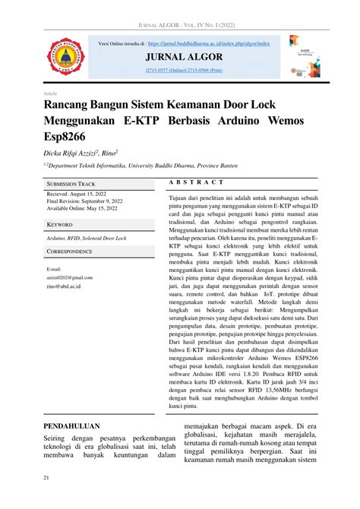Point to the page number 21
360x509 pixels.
pos(47,477)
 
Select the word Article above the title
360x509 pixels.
pos(52,93)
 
